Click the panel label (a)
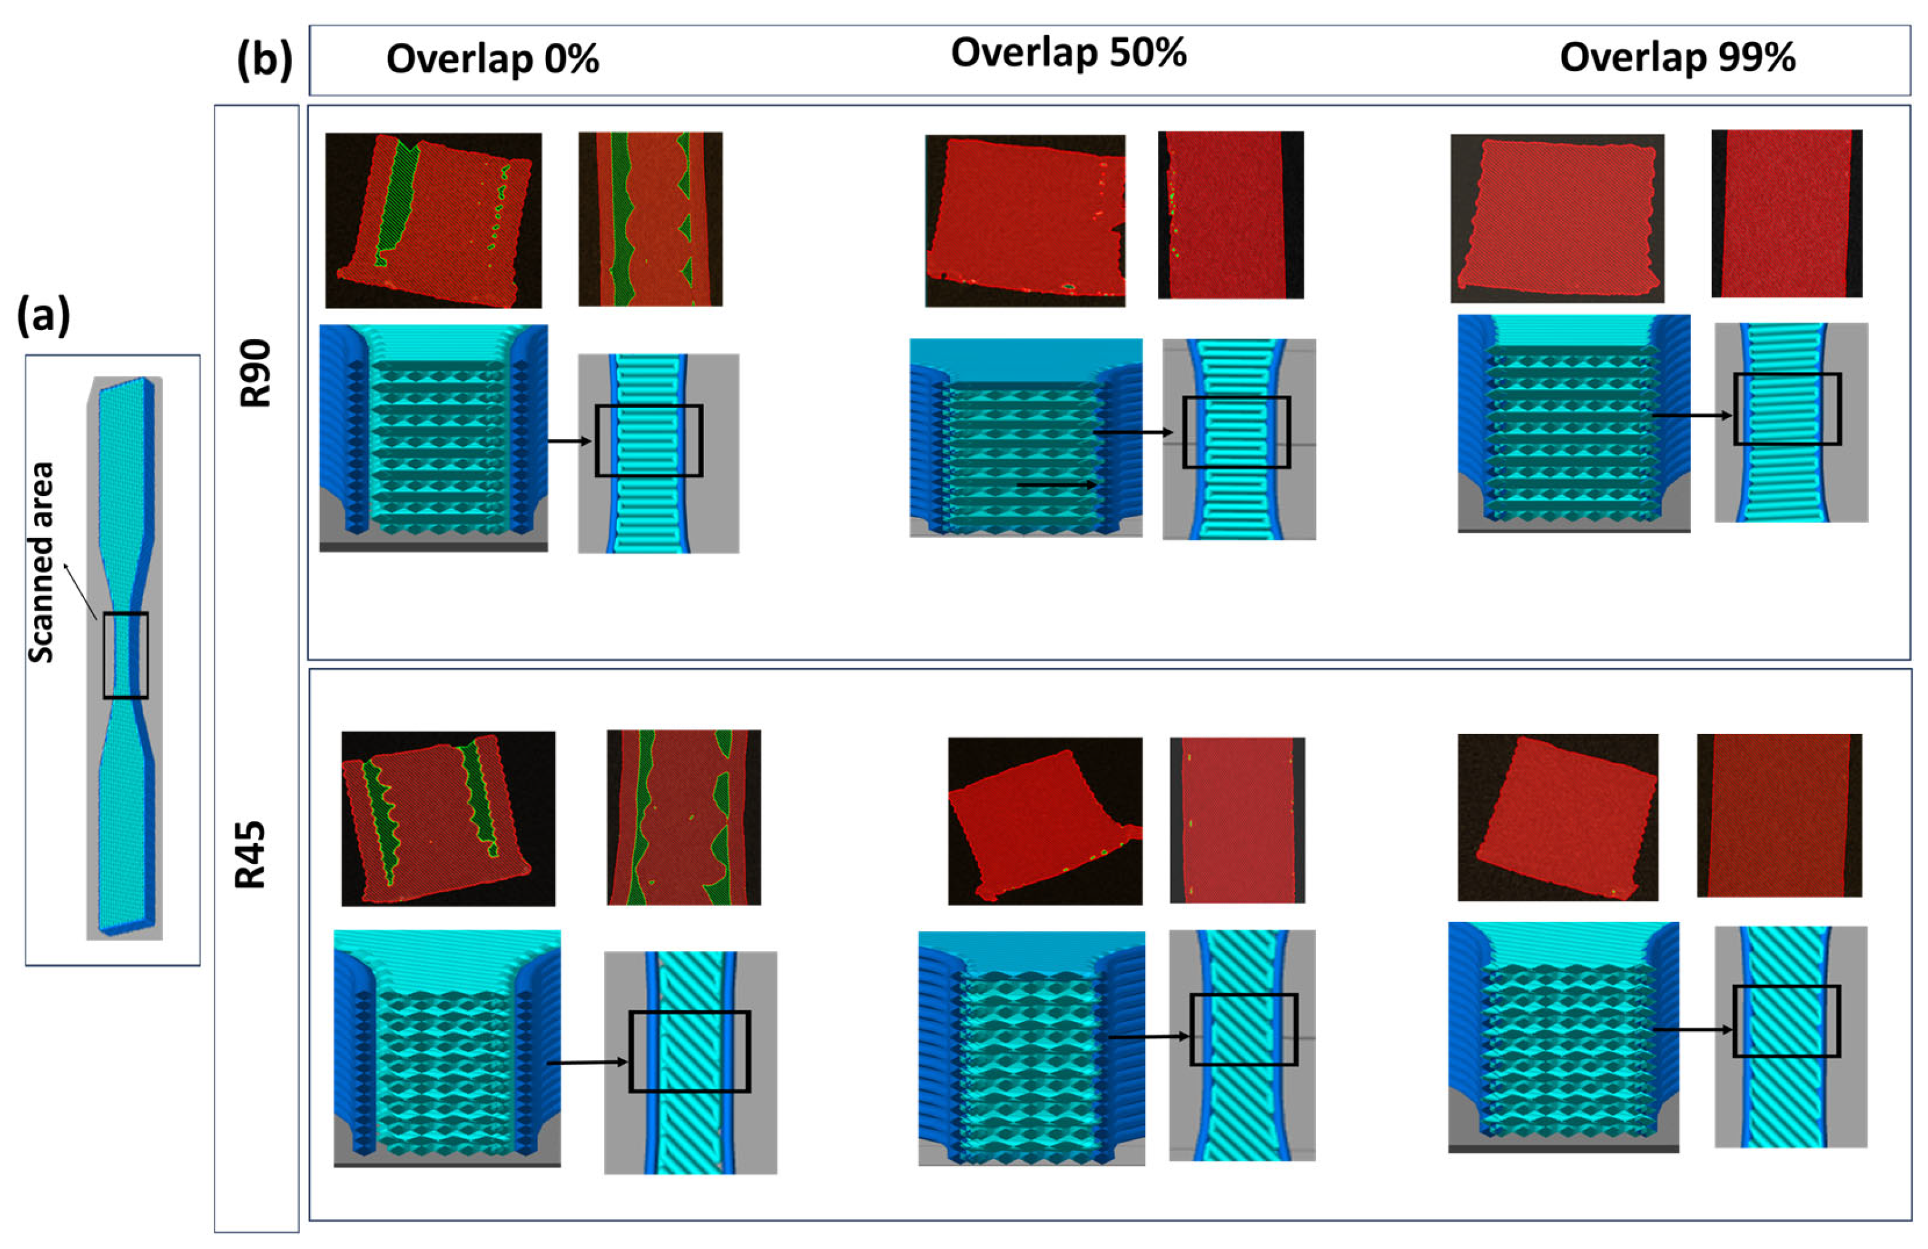(x=43, y=315)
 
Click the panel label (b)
(x=264, y=60)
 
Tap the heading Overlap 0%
(x=492, y=59)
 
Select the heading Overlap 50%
(x=1068, y=54)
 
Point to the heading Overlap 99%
(x=1677, y=57)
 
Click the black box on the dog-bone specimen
(x=126, y=655)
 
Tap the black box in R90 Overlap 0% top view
(x=648, y=440)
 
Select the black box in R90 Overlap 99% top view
(x=1787, y=409)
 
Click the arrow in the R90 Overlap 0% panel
(x=570, y=442)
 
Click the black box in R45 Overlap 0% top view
(x=689, y=1052)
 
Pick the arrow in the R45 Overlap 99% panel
(x=1692, y=1029)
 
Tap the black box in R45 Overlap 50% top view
(x=1243, y=1029)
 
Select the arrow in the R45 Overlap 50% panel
(x=1149, y=1037)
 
